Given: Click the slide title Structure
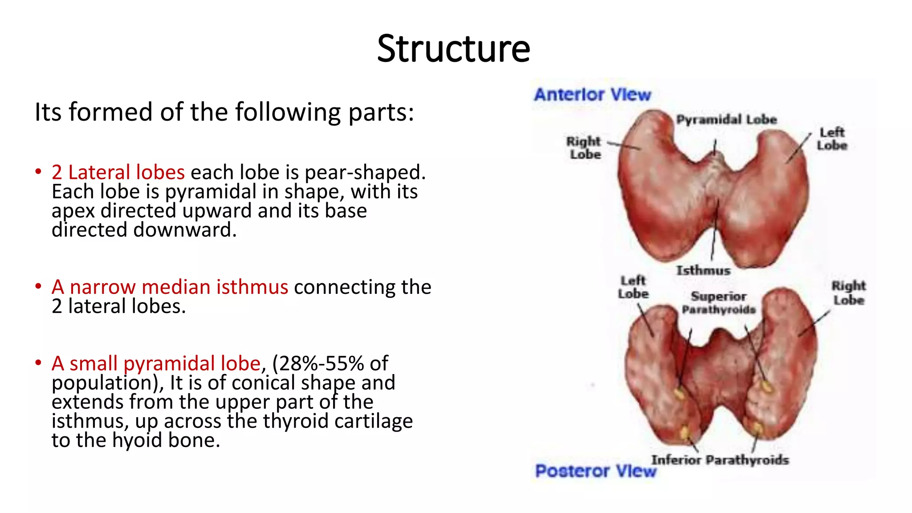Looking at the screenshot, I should [453, 49].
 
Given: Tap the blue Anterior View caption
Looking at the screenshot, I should [592, 94].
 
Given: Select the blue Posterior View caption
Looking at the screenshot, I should [595, 471].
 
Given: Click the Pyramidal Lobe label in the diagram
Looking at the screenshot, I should [726, 119].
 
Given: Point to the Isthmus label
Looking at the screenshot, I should [703, 270].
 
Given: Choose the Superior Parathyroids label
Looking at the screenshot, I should [719, 303].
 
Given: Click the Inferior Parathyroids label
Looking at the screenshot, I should [720, 460].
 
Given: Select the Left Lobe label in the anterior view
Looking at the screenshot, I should [832, 139].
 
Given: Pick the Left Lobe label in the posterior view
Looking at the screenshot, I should [633, 287].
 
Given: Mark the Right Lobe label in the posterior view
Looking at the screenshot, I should [849, 293].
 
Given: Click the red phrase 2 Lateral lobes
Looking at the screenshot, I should [118, 172].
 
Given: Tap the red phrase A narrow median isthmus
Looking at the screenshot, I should [170, 287].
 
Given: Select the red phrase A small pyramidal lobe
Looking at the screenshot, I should [156, 363].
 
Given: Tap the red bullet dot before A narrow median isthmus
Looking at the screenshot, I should [38, 286].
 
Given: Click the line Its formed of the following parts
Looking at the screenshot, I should [224, 112].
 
